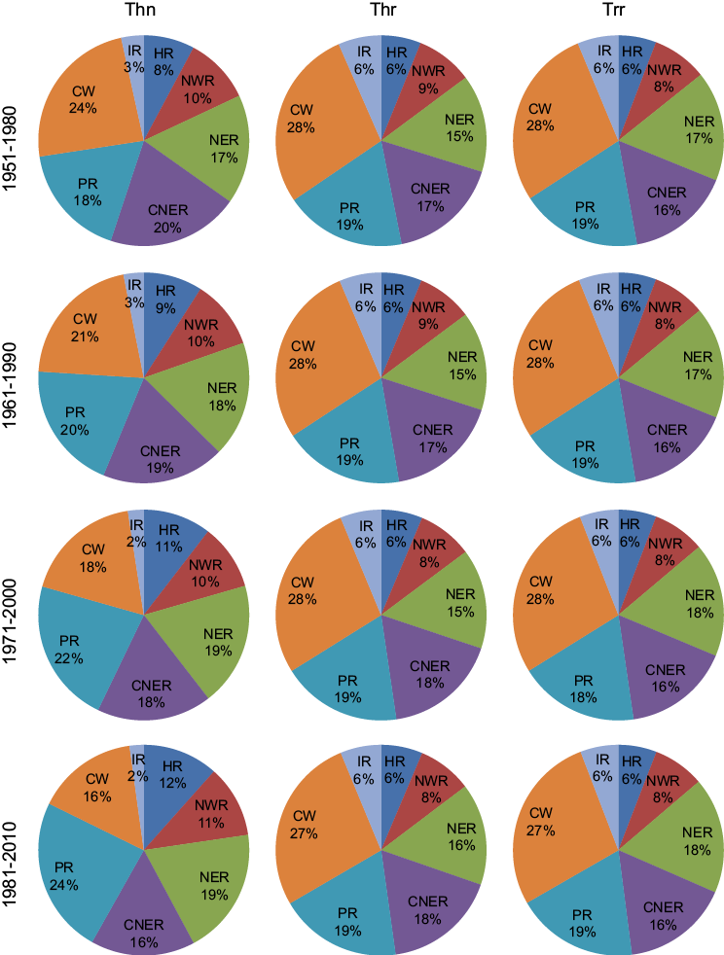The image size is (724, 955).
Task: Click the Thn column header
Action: [x=143, y=12]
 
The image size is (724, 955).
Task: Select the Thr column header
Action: [x=380, y=12]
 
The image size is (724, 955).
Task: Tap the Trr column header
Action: [x=619, y=12]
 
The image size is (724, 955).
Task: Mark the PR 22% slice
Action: [x=70, y=650]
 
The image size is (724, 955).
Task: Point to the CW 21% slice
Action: [x=83, y=331]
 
